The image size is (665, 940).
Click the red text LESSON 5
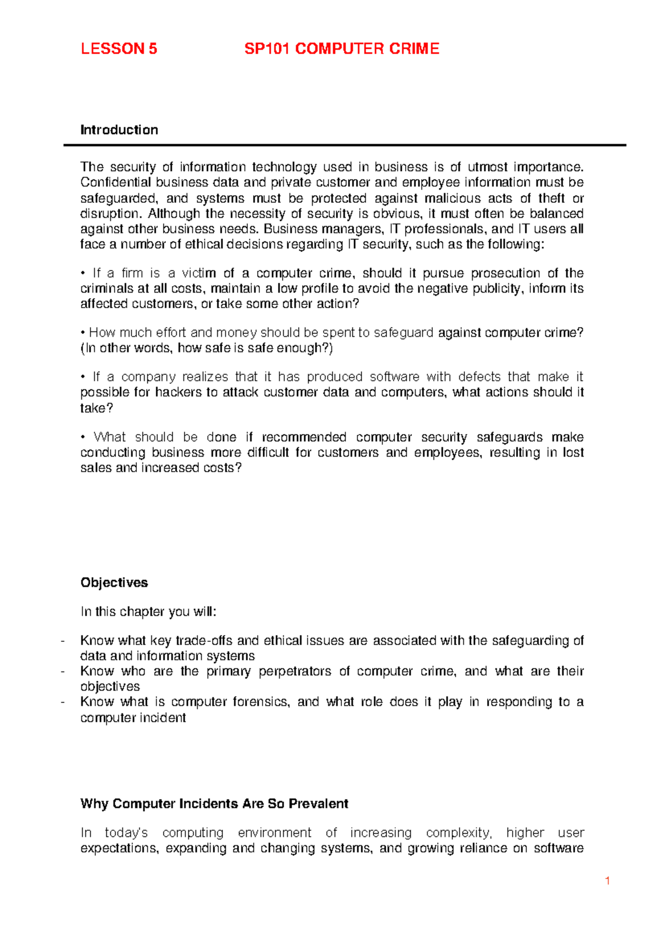pos(119,49)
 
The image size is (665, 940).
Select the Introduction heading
pos(119,130)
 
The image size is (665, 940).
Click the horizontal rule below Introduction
pos(345,145)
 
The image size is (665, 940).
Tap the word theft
pos(551,198)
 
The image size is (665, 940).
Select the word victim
pos(198,273)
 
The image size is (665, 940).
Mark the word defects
pos(479,377)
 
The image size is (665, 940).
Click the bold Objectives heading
pos(114,583)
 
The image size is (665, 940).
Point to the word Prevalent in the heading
pos(318,804)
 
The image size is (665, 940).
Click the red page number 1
pos(608,881)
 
